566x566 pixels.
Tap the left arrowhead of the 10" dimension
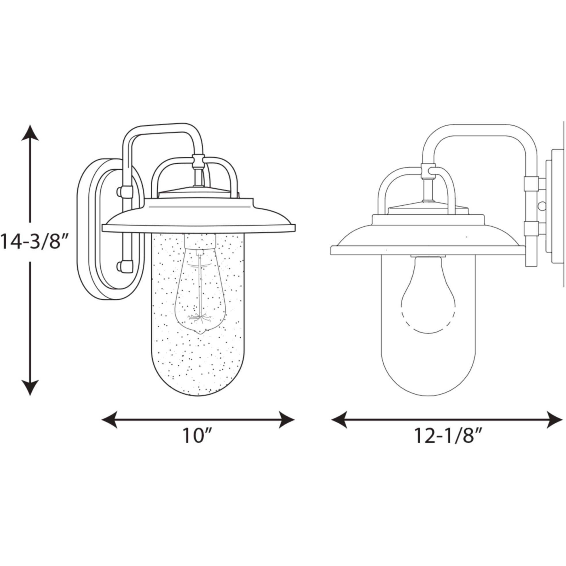tap(110, 420)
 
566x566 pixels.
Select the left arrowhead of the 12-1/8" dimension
tap(339, 420)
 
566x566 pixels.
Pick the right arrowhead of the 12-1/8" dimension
tap(554, 420)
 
